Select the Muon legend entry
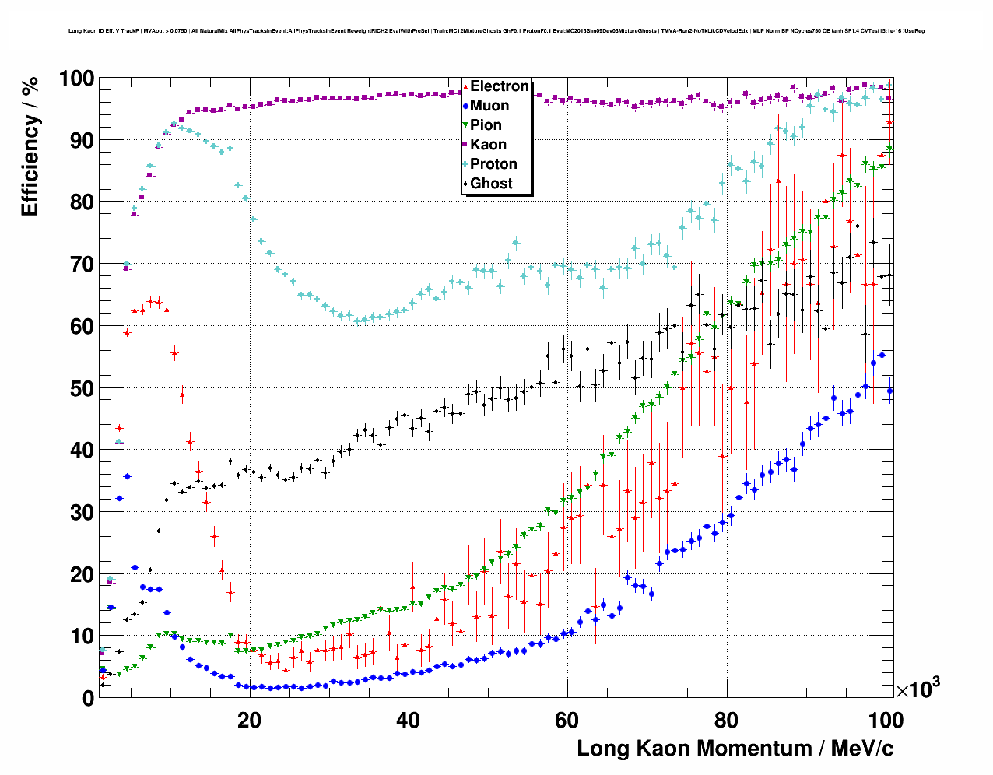coord(489,106)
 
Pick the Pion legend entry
coord(486,125)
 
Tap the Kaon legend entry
coord(488,145)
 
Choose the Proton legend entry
coord(493,164)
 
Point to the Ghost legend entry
coord(491,184)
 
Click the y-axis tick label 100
coord(76,79)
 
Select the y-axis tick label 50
coord(82,388)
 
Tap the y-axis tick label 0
coord(88,698)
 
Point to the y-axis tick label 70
coord(82,265)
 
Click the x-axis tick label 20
coord(249,720)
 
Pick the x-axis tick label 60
coord(567,720)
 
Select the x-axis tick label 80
coord(726,720)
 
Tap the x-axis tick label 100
coord(886,720)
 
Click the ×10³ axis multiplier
coord(918,689)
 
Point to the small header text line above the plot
coord(496,31)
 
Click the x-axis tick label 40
coord(408,720)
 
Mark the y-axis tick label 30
coord(82,512)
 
